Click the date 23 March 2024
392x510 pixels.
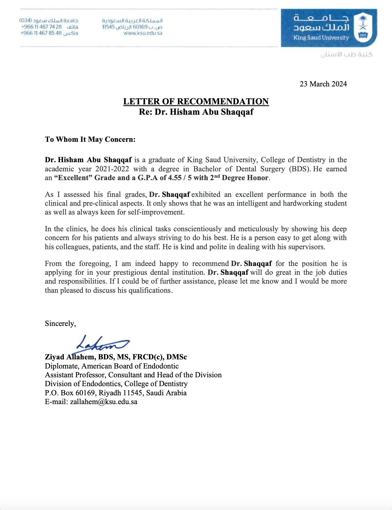(x=323, y=84)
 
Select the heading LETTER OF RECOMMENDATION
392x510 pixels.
(x=196, y=101)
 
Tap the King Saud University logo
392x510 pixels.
(x=328, y=28)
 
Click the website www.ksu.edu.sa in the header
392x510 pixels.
(x=143, y=33)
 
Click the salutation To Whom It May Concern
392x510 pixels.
(x=90, y=139)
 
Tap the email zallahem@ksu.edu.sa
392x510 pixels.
(x=104, y=402)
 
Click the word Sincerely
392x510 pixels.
(x=60, y=323)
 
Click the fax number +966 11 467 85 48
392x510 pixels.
(x=41, y=33)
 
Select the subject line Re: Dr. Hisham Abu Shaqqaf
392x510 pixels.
(x=196, y=112)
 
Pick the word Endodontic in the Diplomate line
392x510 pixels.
(x=161, y=366)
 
